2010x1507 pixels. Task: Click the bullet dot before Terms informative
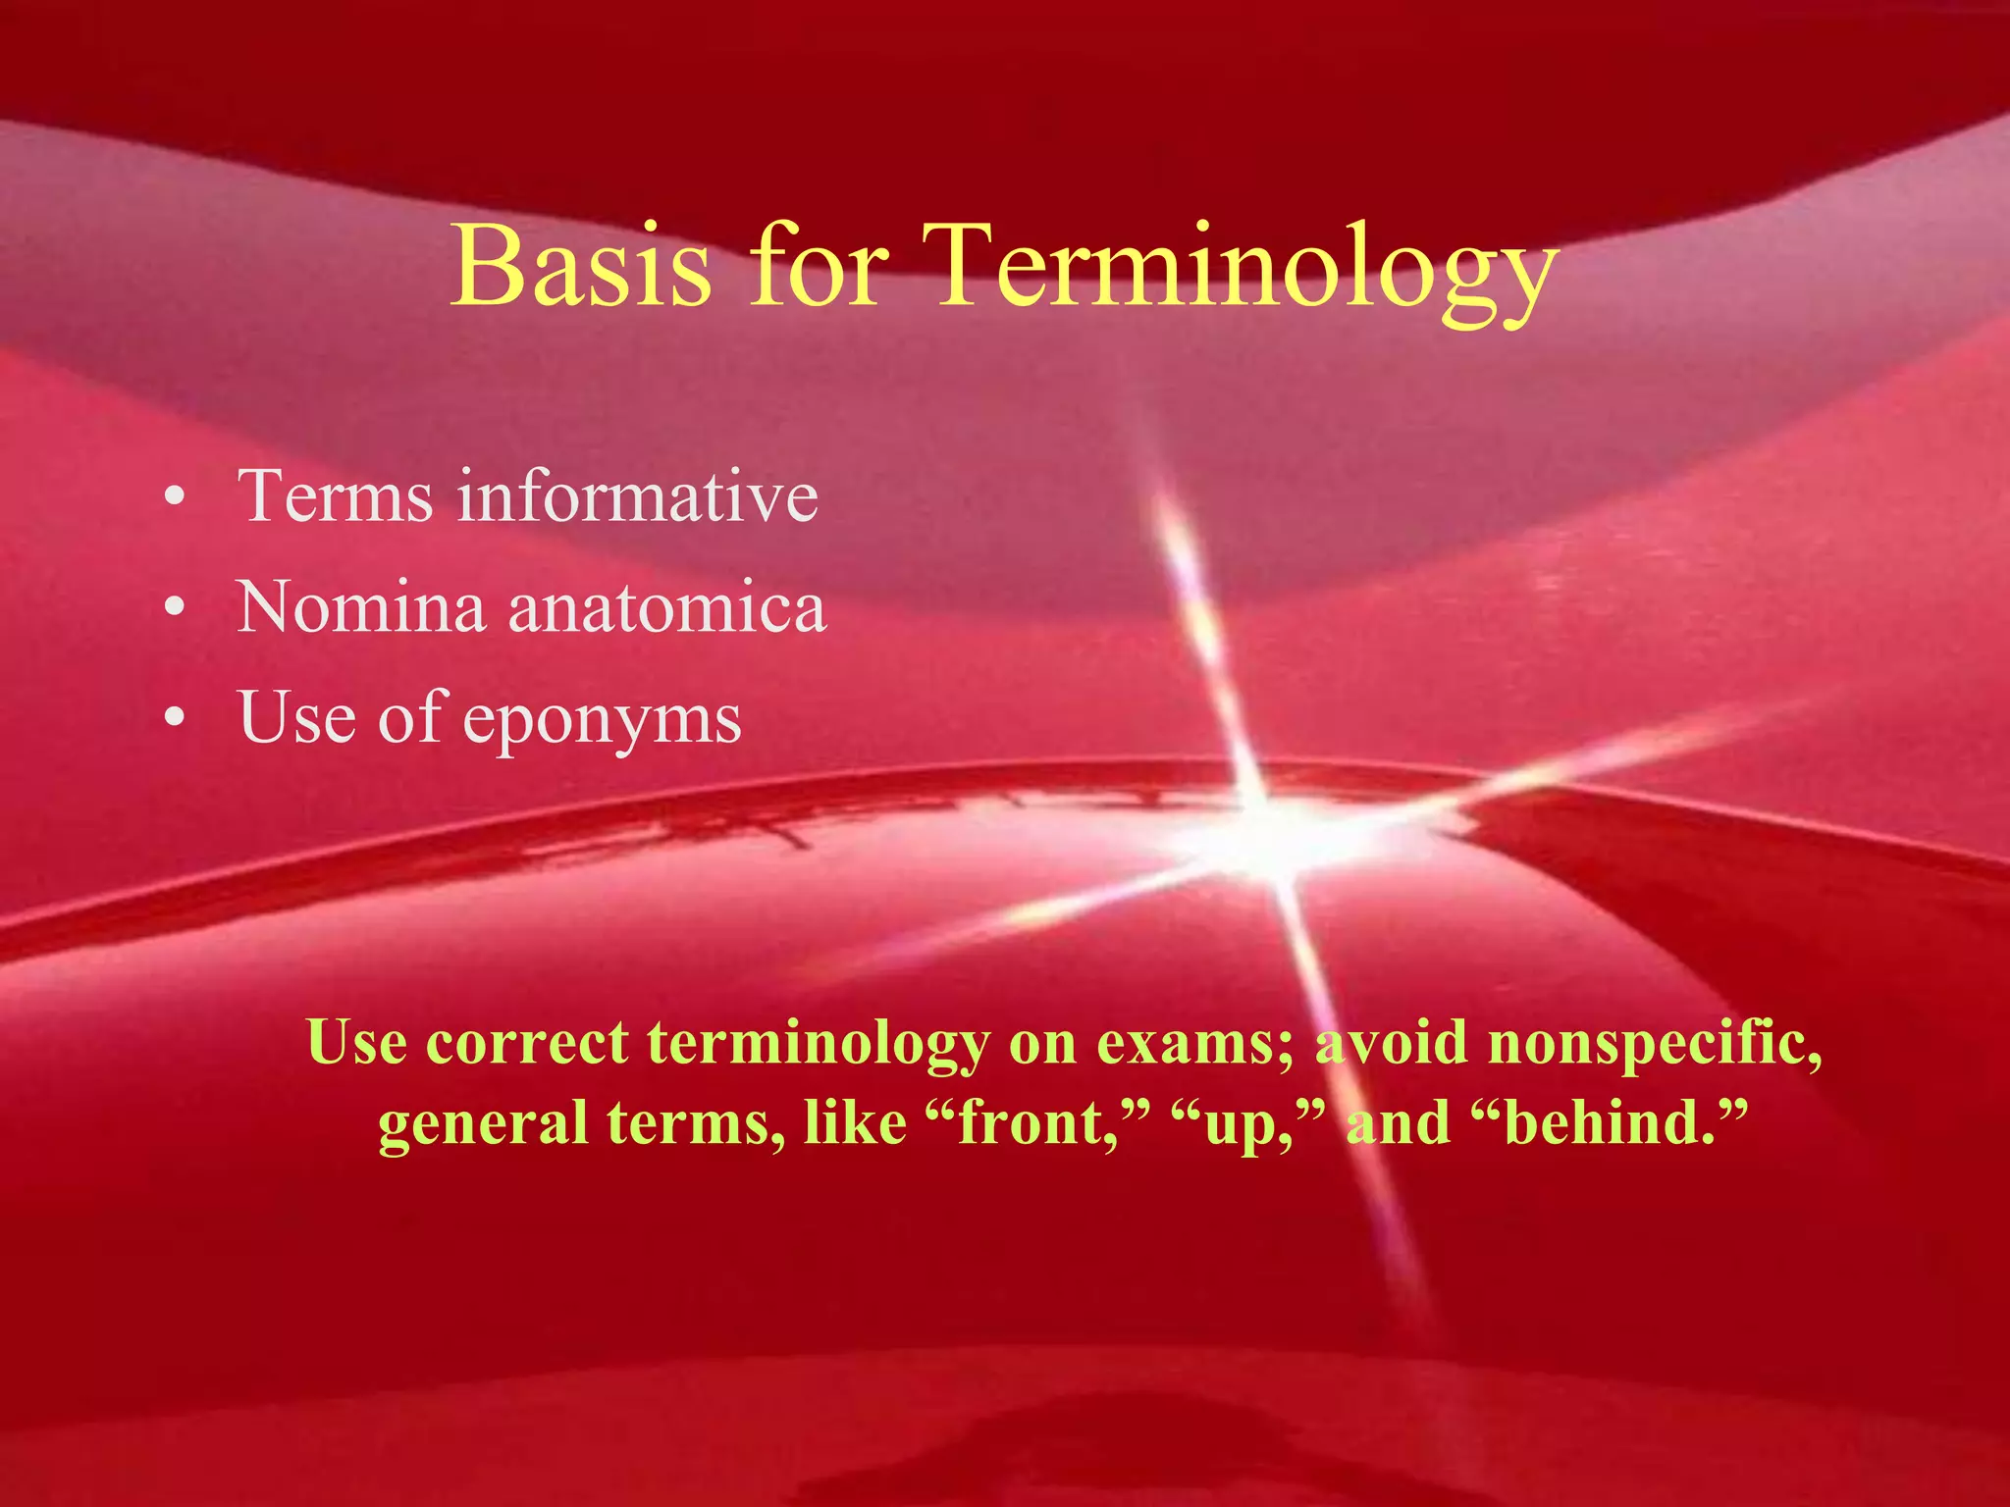175,497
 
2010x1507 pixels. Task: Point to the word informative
637,496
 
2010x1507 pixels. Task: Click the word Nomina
361,607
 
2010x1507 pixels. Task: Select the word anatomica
667,607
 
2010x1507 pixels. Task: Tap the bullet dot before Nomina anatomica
175,608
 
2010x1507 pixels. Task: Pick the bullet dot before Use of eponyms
175,719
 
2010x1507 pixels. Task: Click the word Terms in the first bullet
334,496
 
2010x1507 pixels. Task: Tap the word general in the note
482,1124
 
